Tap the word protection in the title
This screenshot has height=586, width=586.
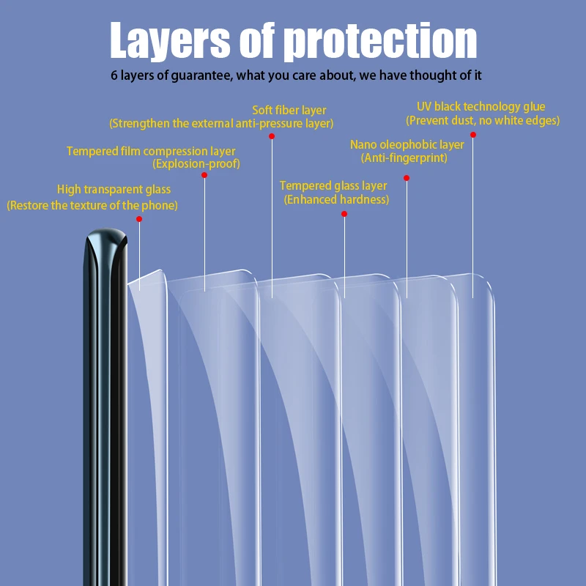[x=380, y=41]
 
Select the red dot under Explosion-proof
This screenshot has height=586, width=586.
[x=204, y=175]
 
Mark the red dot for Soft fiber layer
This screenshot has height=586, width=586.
[x=271, y=136]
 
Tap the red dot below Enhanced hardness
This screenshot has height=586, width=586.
[x=344, y=214]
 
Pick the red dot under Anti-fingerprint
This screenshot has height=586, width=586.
[x=407, y=177]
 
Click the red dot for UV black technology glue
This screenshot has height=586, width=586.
[x=473, y=135]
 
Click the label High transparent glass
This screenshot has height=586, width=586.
[x=114, y=190]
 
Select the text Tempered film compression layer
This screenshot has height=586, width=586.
[x=151, y=152]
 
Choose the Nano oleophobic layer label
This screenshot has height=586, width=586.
[x=407, y=145]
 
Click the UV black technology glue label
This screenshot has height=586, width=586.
[x=481, y=107]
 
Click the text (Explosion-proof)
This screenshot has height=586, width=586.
[x=196, y=164]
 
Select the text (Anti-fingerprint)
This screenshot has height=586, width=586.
[x=404, y=157]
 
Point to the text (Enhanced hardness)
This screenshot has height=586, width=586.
[x=336, y=199]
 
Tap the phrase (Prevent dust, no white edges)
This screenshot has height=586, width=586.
[x=483, y=120]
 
